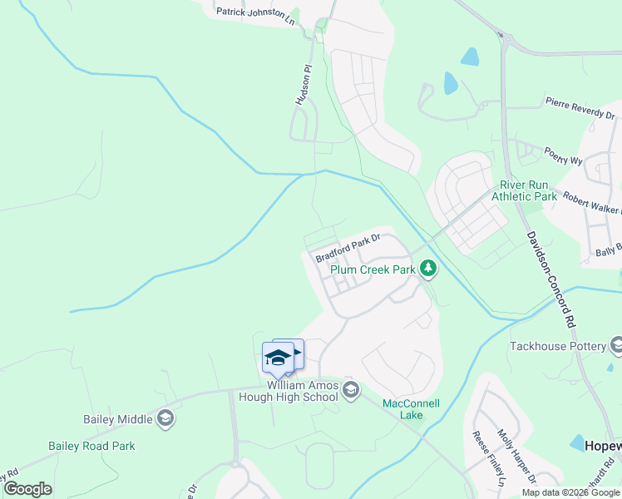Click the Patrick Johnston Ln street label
click(254, 13)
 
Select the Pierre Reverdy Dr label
click(580, 106)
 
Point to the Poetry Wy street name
click(562, 155)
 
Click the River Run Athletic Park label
click(524, 191)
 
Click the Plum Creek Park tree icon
click(428, 269)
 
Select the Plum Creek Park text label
click(373, 270)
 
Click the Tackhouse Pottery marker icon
click(616, 344)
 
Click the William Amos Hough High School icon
click(351, 389)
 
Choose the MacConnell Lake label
click(411, 409)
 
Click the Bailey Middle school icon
click(165, 418)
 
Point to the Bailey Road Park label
click(91, 446)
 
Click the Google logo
click(27, 489)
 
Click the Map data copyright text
click(572, 492)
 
